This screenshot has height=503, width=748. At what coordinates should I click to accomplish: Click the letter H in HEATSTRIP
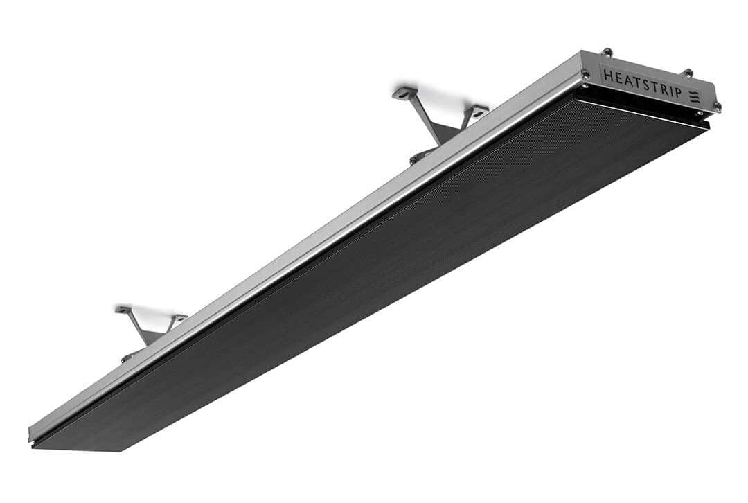tap(608, 76)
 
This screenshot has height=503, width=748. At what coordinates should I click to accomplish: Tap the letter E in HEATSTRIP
tap(618, 78)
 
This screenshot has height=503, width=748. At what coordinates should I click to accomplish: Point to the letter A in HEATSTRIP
tap(629, 80)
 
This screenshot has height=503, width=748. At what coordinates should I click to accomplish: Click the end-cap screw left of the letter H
tap(585, 74)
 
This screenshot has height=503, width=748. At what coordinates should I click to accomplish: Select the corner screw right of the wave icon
tap(717, 106)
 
